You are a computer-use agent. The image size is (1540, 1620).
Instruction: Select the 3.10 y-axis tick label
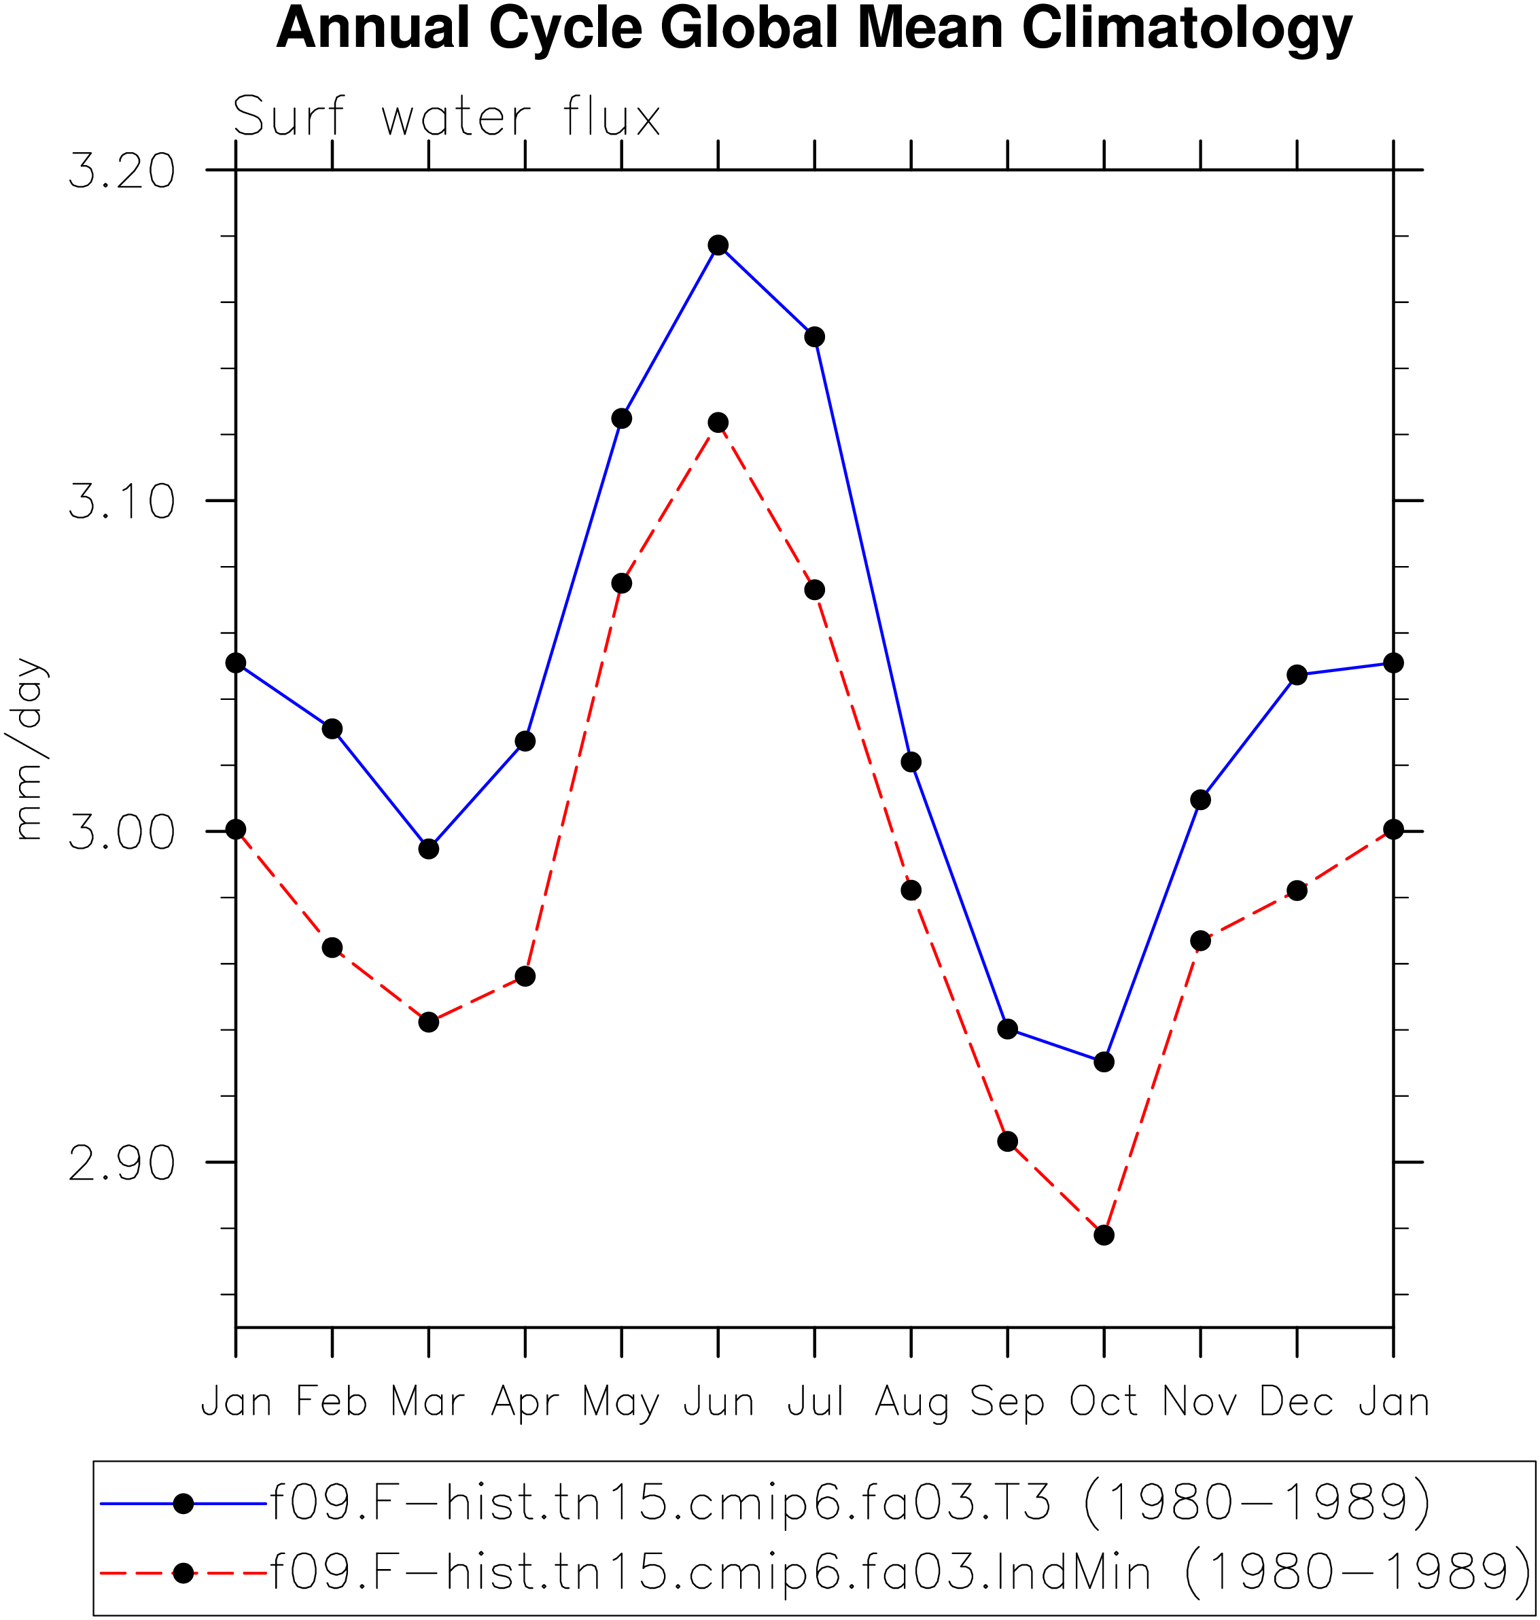(x=122, y=501)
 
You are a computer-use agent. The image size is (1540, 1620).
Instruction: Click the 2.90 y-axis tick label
(x=122, y=1164)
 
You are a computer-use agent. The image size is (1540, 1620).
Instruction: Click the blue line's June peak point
(x=718, y=245)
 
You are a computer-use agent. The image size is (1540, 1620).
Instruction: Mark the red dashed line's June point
(x=718, y=423)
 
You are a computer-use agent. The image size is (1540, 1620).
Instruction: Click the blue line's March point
(x=429, y=849)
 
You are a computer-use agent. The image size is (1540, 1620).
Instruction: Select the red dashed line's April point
(x=525, y=976)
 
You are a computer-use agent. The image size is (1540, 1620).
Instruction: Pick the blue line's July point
(x=814, y=337)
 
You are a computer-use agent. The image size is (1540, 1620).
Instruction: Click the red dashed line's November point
(x=1201, y=940)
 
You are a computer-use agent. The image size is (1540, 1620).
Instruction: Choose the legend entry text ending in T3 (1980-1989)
(x=850, y=1504)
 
